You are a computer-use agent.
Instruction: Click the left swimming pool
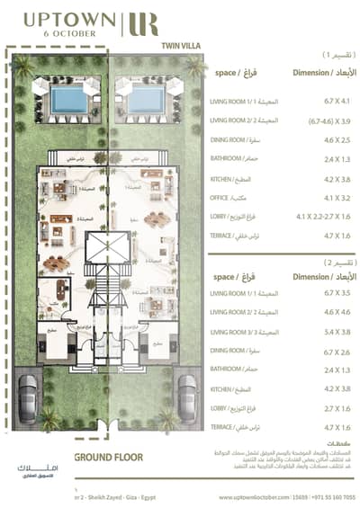pyautogui.click(x=68, y=100)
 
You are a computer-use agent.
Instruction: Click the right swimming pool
pyautogui.click(x=145, y=100)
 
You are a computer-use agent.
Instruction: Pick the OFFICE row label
pyautogui.click(x=222, y=197)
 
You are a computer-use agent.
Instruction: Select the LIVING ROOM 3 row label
pyautogui.click(x=235, y=331)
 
